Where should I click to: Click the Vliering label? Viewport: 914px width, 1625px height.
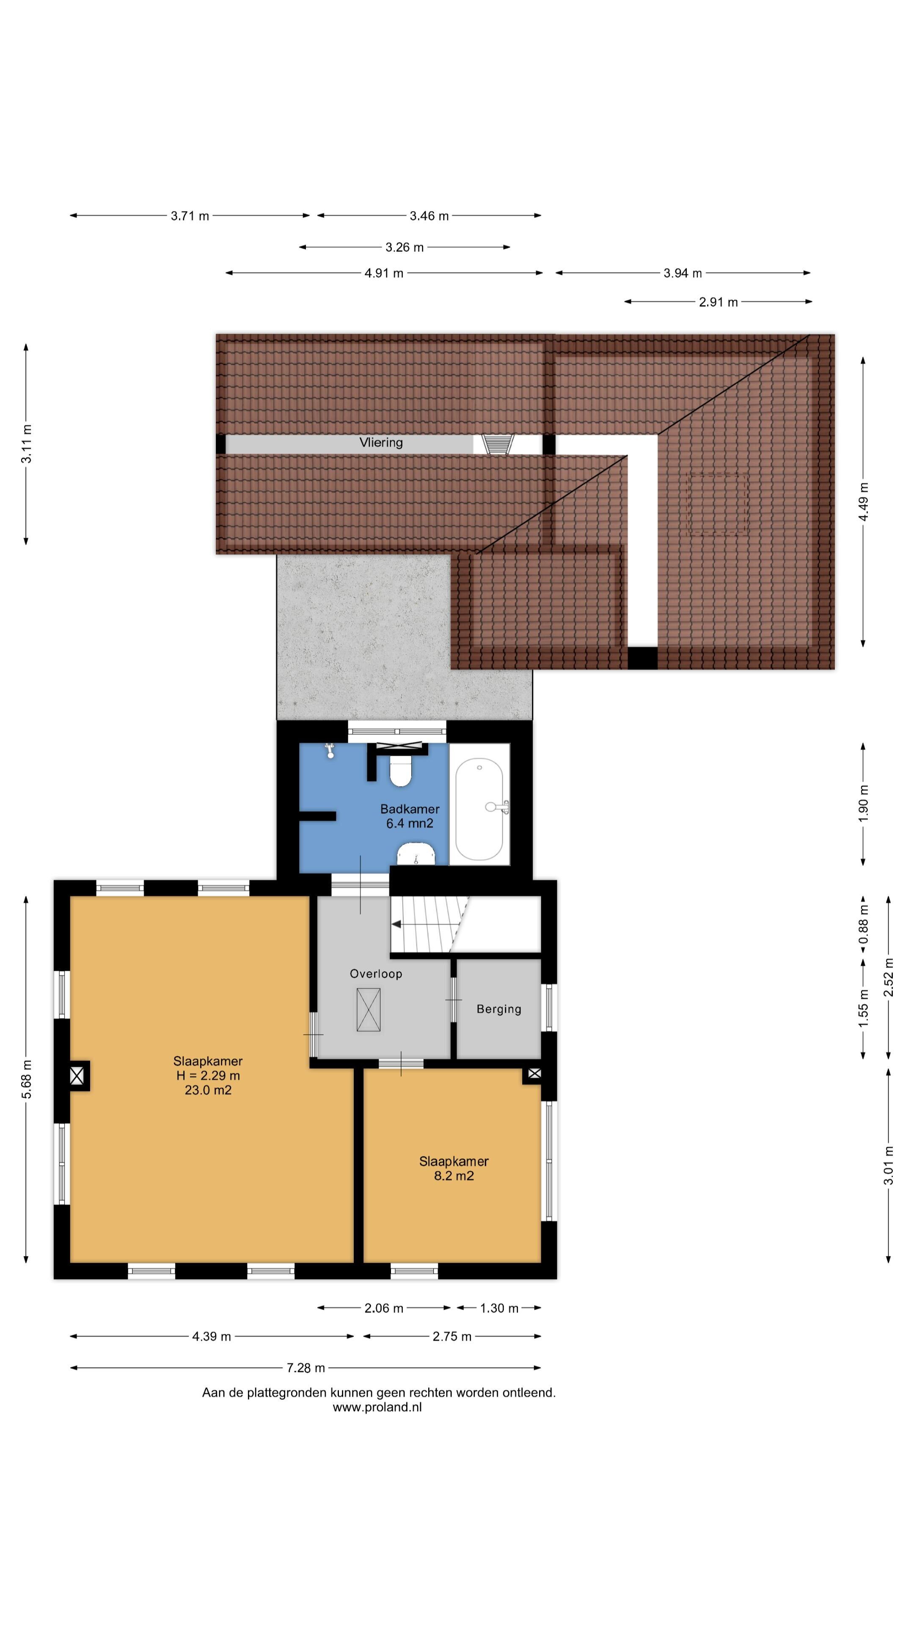pyautogui.click(x=381, y=442)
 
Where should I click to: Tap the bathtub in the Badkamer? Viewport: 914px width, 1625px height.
pyautogui.click(x=479, y=810)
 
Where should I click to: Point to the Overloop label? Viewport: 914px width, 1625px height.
pyautogui.click(x=376, y=973)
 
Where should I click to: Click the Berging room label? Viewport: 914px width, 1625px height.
pyautogui.click(x=499, y=1009)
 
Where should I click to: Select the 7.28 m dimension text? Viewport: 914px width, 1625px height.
pyautogui.click(x=306, y=1368)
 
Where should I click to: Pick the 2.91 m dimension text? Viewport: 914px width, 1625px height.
pyautogui.click(x=718, y=302)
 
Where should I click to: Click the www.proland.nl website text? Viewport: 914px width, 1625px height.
pyautogui.click(x=377, y=1407)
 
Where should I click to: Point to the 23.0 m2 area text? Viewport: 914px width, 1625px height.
pyautogui.click(x=208, y=1090)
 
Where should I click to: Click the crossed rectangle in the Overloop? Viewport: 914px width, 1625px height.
pyautogui.click(x=369, y=1010)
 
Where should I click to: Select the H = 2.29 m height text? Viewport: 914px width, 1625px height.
pyautogui.click(x=208, y=1076)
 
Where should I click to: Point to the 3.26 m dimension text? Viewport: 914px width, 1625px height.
pyautogui.click(x=405, y=247)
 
